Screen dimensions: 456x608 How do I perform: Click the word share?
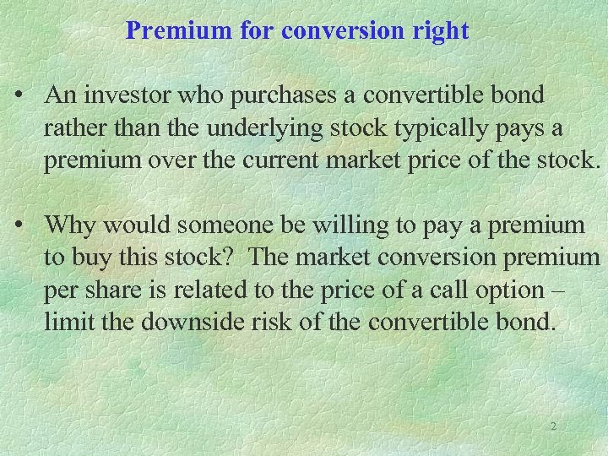tap(126, 289)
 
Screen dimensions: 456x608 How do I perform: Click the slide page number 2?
tap(553, 426)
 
